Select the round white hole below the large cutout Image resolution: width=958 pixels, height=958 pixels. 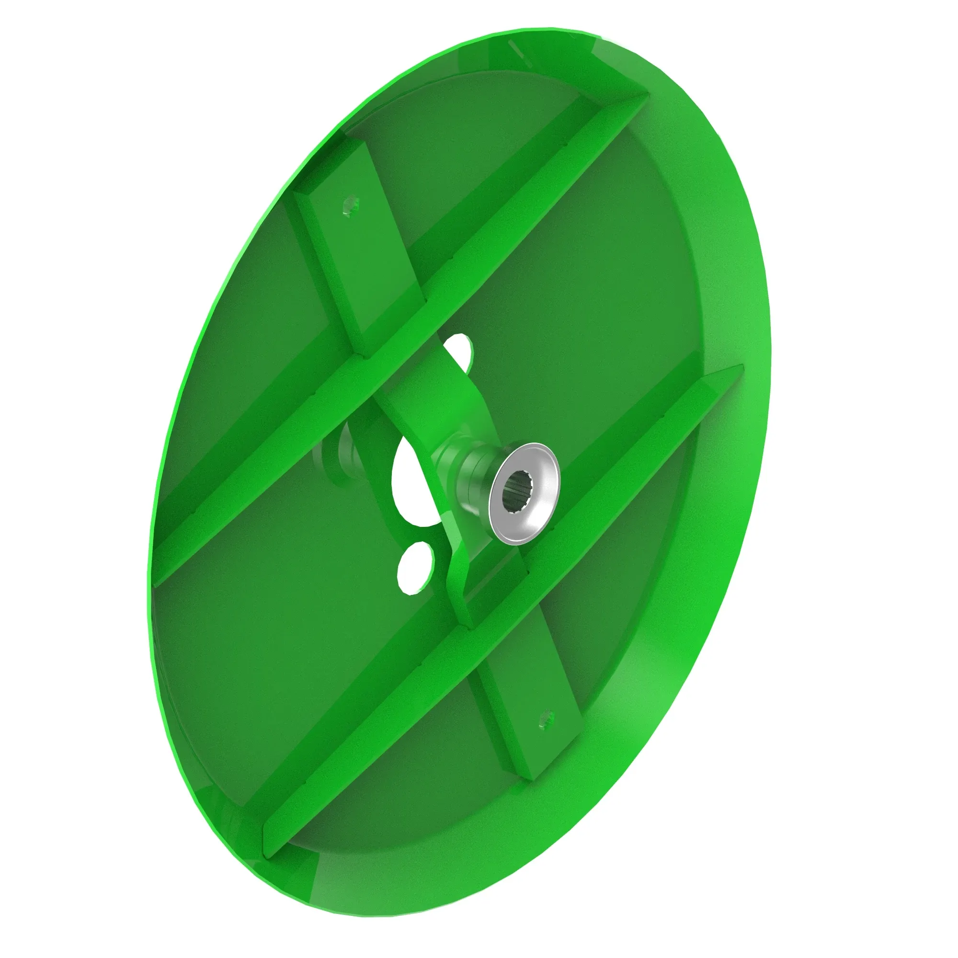[x=415, y=567]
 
